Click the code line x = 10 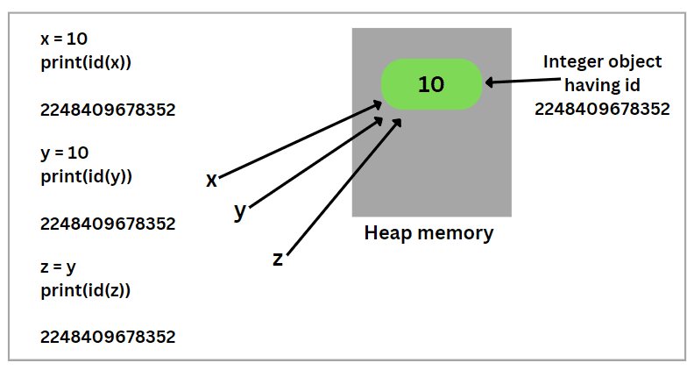coord(64,39)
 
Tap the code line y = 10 coord(64,153)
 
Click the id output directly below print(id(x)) coord(108,110)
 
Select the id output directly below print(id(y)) coord(108,224)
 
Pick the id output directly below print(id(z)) coord(108,337)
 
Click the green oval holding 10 coord(431,84)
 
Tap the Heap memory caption coord(428,234)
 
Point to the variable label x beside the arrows coord(211,180)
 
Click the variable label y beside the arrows coord(239,211)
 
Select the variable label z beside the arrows coord(278,259)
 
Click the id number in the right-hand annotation coord(602,109)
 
